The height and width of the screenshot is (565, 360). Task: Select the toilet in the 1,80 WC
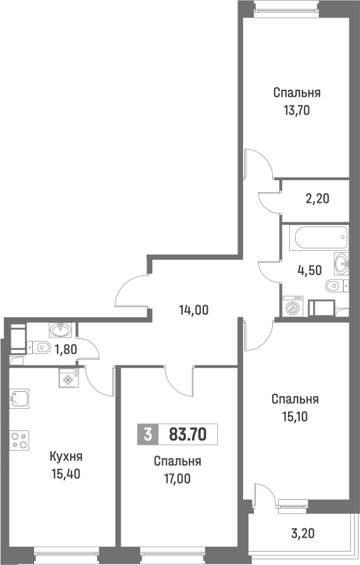(42, 346)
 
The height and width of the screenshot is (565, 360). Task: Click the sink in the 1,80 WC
(61, 329)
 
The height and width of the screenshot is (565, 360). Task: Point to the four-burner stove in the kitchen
(19, 439)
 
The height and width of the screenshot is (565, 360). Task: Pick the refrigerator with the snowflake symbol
(68, 379)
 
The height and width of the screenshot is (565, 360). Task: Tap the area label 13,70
(297, 109)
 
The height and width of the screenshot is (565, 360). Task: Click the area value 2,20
(318, 198)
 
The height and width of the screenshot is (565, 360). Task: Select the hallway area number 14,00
(193, 310)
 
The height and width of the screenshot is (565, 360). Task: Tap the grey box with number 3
(147, 434)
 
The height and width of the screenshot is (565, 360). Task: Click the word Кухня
(66, 456)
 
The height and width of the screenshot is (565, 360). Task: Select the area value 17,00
(177, 477)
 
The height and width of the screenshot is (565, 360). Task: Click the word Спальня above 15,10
(295, 399)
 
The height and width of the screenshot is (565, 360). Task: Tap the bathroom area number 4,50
(309, 269)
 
